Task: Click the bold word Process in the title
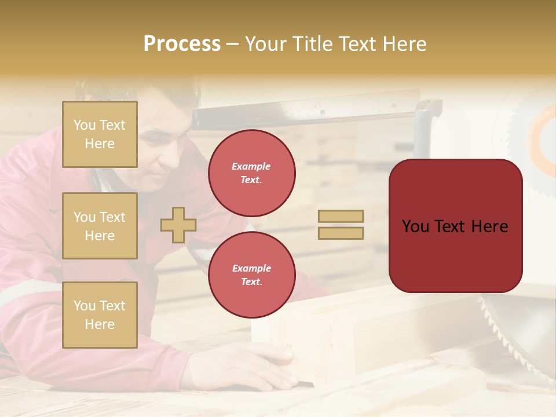182,44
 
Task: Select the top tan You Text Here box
100,134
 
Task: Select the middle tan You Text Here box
100,226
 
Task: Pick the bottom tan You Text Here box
100,315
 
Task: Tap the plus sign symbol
178,225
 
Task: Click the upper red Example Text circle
251,173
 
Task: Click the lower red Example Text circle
251,275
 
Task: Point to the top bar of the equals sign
341,216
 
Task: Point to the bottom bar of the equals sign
341,233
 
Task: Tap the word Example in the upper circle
251,166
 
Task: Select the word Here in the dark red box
489,226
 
